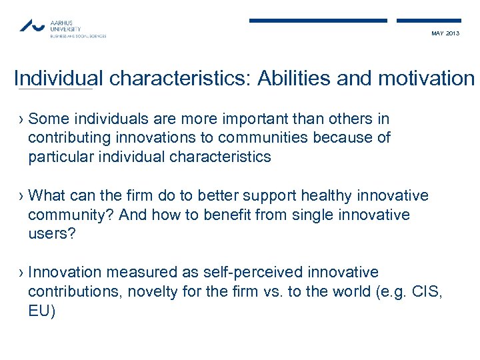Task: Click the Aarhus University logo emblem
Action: click(x=31, y=26)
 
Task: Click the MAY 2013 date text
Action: click(x=445, y=33)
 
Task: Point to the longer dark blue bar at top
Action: click(x=318, y=21)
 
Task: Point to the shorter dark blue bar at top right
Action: click(x=428, y=21)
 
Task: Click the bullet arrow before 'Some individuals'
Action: click(x=21, y=119)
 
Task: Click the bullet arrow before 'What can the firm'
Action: click(x=21, y=196)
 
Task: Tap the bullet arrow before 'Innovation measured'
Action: click(x=21, y=273)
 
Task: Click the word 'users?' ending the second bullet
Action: click(x=51, y=234)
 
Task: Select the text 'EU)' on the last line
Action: click(x=42, y=311)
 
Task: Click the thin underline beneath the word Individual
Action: click(x=55, y=89)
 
